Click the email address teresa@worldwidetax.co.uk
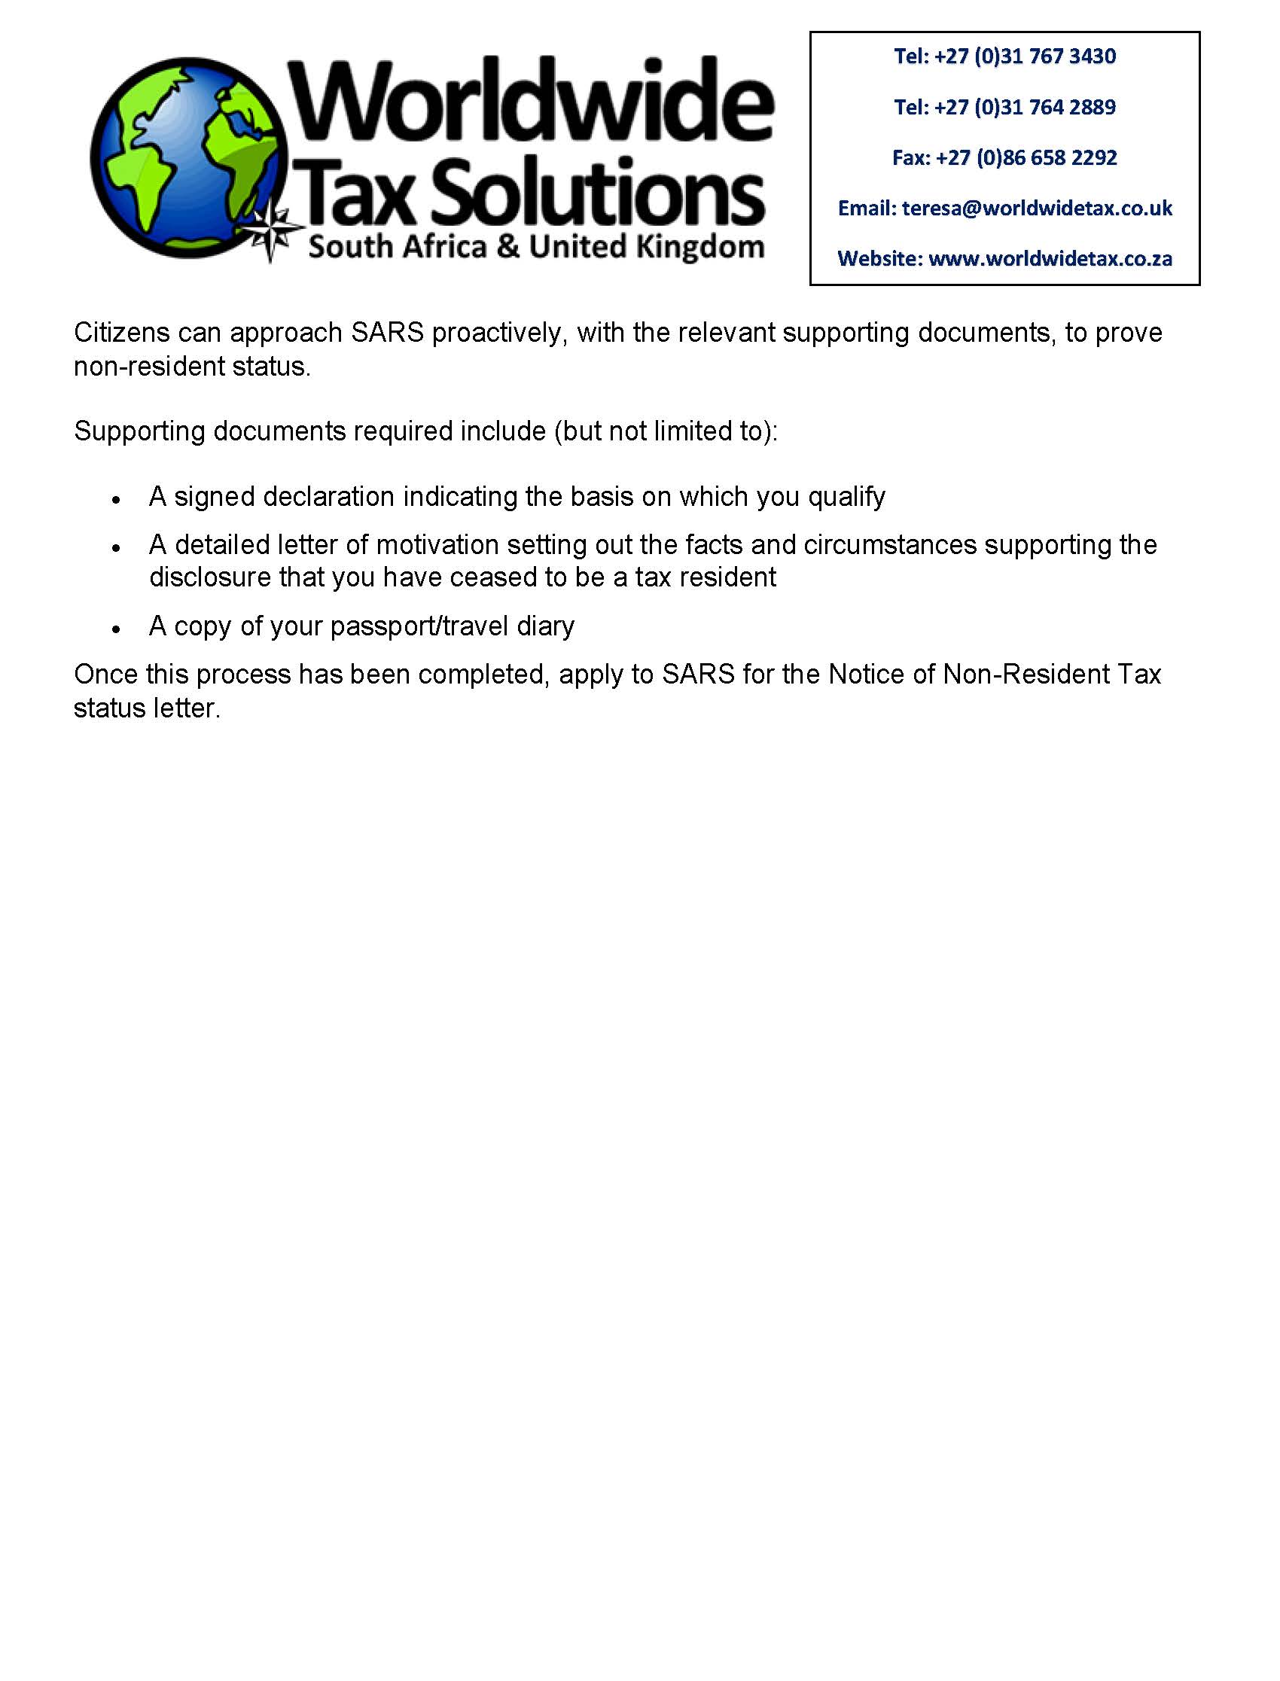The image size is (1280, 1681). coord(1036,209)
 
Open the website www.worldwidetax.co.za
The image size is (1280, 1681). coord(1050,259)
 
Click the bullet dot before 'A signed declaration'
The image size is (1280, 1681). coord(117,500)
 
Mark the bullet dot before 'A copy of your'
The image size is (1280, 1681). coord(117,629)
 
